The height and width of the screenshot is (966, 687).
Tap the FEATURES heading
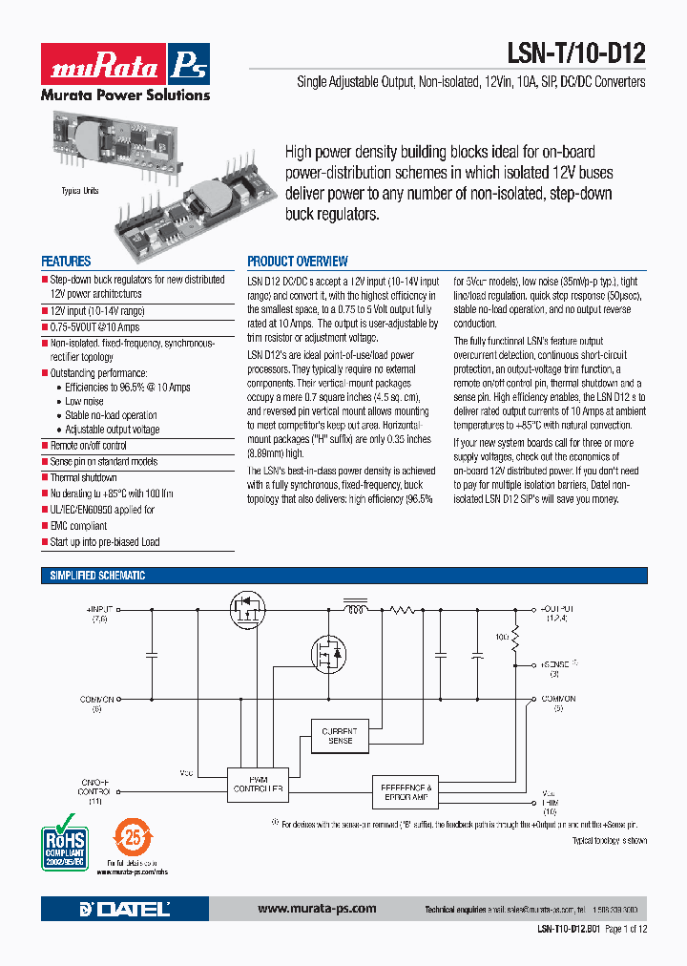[x=66, y=261]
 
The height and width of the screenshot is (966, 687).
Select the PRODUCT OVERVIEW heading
[x=298, y=261]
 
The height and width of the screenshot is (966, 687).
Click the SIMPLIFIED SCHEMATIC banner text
[x=97, y=576]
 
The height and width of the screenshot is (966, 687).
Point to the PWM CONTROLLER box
[x=255, y=784]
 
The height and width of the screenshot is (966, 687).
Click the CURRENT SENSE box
[x=341, y=735]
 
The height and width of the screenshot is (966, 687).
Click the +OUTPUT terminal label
[x=557, y=608]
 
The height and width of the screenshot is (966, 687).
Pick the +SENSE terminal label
[x=554, y=663]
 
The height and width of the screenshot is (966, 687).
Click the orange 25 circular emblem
[x=130, y=837]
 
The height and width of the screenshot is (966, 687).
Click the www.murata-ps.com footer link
[x=317, y=909]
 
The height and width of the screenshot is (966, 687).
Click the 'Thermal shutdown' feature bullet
[x=83, y=477]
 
